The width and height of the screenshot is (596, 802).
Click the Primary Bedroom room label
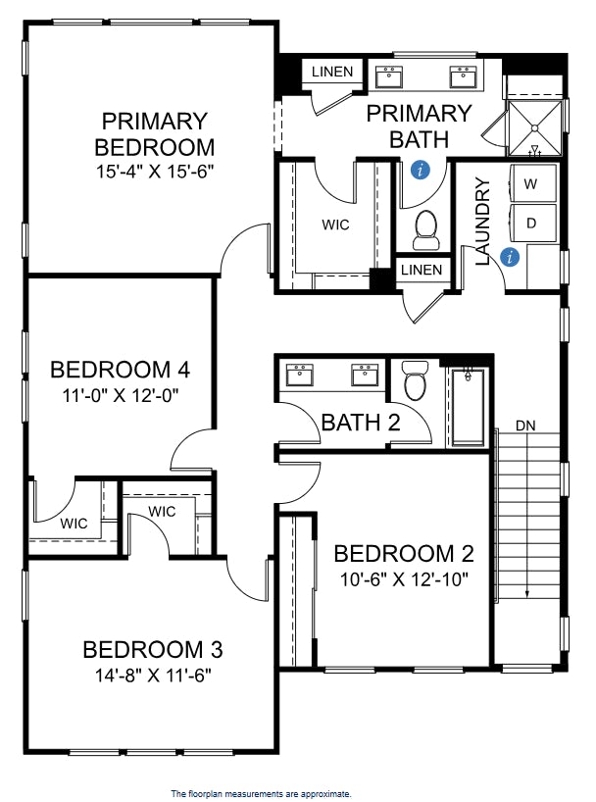154,134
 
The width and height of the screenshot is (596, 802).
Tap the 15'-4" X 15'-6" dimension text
154,170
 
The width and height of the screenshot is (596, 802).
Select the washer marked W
531,183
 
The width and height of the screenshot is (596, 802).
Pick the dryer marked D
531,223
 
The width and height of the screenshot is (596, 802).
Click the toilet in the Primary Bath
425,228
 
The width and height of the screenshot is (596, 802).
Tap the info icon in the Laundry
509,257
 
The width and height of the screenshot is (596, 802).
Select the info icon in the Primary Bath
421,171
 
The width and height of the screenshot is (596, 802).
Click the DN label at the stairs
524,426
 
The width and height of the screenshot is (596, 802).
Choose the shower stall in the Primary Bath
535,125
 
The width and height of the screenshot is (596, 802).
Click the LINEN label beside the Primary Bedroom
333,72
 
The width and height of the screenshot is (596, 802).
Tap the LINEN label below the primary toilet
421,270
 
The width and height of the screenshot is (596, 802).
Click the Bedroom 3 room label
152,649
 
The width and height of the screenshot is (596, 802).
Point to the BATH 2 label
361,423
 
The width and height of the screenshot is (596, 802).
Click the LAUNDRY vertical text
481,221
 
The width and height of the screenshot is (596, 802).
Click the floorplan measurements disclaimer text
261,793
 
